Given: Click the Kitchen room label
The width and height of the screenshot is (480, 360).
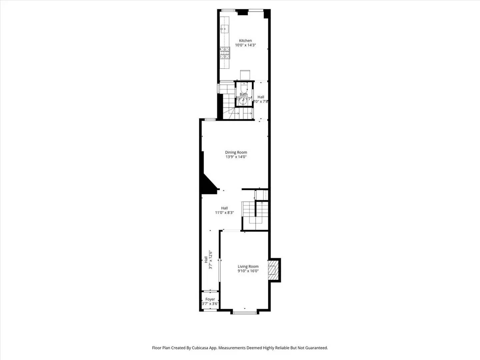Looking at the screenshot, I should [x=245, y=41].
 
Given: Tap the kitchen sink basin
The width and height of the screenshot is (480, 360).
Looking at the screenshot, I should [x=225, y=29].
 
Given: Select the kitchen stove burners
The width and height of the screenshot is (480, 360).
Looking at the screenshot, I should [x=225, y=53].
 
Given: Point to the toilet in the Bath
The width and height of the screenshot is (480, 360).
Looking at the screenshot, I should [x=244, y=88].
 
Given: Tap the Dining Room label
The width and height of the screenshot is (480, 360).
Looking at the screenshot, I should [x=236, y=152].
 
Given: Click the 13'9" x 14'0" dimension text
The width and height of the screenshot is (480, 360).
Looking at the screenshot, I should [x=236, y=157].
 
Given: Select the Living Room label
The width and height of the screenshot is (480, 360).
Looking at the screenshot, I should [x=248, y=266].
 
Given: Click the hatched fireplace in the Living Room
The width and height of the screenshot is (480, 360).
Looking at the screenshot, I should [x=273, y=270].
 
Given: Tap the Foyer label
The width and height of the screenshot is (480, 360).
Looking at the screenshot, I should [x=210, y=299].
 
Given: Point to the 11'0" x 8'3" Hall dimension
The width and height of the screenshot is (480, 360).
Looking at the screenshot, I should [x=224, y=212].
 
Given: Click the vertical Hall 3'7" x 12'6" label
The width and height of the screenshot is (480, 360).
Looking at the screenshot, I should [x=208, y=260].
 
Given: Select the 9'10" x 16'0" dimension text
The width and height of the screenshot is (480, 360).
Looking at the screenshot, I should [x=248, y=271].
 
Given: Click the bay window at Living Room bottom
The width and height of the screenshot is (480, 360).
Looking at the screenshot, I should [x=245, y=312].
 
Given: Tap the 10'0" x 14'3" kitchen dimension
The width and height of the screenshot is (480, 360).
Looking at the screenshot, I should [x=245, y=45].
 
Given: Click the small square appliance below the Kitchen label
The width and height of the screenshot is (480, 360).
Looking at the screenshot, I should [x=245, y=75].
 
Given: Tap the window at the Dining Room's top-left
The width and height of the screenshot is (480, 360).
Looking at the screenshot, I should [x=210, y=120].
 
